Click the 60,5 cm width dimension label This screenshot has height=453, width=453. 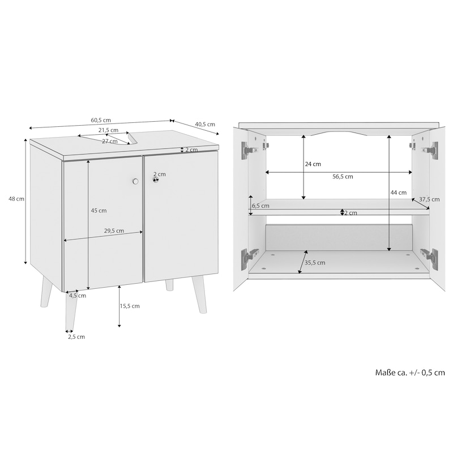[101, 120]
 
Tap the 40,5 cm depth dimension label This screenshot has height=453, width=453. [205, 124]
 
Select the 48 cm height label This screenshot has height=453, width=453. [16, 199]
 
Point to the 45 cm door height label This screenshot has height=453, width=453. [99, 211]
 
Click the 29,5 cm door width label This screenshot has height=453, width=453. [114, 230]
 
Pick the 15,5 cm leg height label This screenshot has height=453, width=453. [130, 306]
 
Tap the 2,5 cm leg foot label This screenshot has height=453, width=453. [76, 336]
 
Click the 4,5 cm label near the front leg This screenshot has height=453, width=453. [78, 296]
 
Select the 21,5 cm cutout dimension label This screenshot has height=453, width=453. [108, 130]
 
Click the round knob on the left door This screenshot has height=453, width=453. [135, 181]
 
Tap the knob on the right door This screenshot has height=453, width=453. [156, 180]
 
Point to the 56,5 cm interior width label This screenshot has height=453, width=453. [343, 177]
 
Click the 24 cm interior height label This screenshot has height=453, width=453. [313, 164]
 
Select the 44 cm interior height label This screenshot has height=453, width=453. [399, 193]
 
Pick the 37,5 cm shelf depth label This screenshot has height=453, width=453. [429, 199]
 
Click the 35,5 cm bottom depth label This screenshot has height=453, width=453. [315, 263]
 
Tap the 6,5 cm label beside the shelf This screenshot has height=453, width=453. [260, 206]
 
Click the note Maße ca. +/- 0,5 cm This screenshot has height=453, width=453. [410, 373]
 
